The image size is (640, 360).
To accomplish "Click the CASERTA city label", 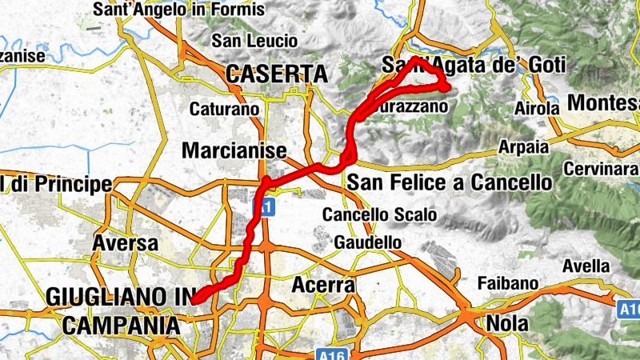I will point(277,74).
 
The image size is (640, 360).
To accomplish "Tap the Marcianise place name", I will point(234,150).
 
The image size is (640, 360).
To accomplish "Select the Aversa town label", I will point(122,242).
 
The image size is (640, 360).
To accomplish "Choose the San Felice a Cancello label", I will point(450,183).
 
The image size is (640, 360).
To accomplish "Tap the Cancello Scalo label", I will point(379,214).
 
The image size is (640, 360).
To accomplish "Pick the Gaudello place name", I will point(368,242).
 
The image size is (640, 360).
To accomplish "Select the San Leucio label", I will point(254,41).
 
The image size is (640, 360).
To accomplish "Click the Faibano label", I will point(506,282).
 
